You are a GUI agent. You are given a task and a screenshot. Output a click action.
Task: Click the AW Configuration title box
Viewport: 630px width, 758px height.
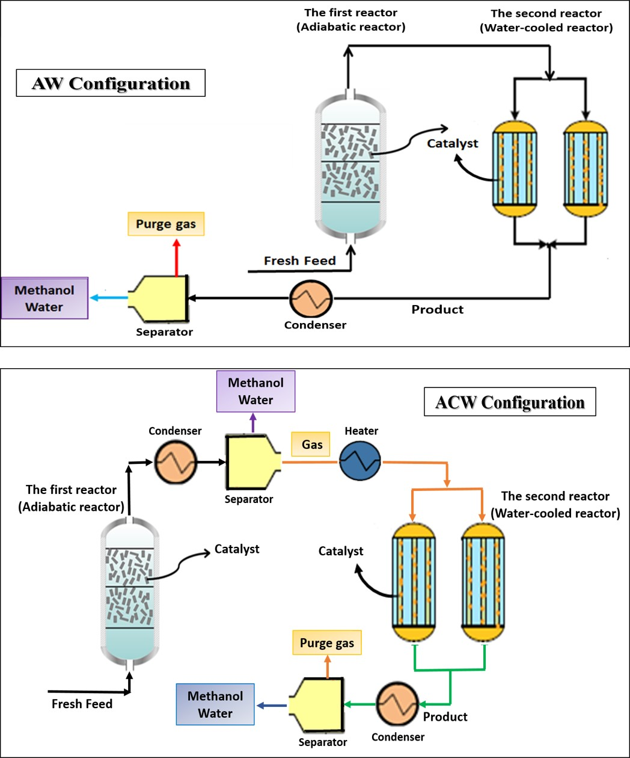111,84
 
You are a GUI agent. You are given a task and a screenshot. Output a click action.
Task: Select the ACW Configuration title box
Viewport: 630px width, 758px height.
510,402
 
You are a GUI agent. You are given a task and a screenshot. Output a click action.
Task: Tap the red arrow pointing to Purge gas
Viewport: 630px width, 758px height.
176,257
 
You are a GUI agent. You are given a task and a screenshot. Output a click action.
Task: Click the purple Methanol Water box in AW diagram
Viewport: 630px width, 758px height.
44,298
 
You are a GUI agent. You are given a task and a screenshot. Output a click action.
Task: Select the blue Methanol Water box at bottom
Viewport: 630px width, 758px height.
215,704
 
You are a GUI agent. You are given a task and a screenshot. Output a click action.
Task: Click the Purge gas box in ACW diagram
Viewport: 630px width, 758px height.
327,643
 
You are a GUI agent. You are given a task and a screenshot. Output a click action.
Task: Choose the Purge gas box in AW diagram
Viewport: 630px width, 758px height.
166,224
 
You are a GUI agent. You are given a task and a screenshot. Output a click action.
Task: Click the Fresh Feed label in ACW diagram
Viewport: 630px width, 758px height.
82,704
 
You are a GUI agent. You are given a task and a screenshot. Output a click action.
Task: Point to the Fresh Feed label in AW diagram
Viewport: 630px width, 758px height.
299,260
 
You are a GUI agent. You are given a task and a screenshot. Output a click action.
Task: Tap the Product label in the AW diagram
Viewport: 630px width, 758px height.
437,309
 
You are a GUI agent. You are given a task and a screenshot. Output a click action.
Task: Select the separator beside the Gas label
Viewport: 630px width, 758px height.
250,462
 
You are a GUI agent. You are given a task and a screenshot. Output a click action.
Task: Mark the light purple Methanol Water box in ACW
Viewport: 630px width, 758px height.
255,391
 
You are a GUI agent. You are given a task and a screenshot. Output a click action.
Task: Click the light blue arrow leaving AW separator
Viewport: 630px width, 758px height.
108,297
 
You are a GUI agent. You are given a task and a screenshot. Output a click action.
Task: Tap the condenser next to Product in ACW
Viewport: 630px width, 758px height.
397,704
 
